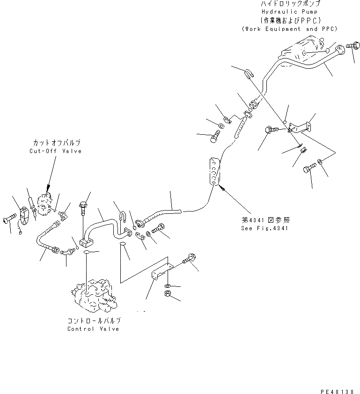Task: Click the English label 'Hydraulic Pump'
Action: pos(289,12)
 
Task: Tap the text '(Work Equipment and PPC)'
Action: pos(289,29)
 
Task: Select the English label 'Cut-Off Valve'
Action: pos(56,151)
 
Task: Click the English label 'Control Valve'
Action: pos(93,329)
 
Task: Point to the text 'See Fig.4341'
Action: pos(264,228)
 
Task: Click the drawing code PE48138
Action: pos(338,392)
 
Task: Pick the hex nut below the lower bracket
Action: pos(168,293)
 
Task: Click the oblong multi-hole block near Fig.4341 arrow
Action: pos(214,172)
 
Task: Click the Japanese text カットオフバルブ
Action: pos(57,143)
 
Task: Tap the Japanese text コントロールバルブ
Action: pos(94,321)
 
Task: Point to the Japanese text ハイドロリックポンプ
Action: pos(290,4)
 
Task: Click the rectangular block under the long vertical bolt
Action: pos(86,243)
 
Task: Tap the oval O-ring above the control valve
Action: pos(87,252)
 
